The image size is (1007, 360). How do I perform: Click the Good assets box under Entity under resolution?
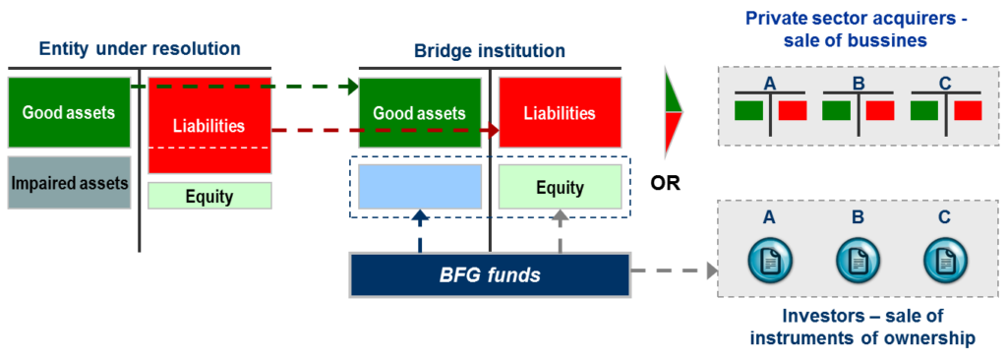[x=68, y=113]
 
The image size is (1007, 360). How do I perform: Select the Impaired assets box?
[x=68, y=182]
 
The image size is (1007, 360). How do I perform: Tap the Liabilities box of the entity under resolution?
[x=208, y=126]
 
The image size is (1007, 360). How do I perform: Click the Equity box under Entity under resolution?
[x=208, y=196]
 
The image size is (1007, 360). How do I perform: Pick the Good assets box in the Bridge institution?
[x=420, y=113]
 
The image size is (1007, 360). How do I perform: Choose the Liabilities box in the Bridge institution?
[x=559, y=113]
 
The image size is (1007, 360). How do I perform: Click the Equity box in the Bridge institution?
[x=559, y=187]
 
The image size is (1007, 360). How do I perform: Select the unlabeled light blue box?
[x=420, y=187]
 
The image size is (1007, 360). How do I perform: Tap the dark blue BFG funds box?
[x=489, y=274]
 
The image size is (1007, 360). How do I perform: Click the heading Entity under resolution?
[x=139, y=48]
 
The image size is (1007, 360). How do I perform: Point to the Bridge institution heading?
[x=489, y=50]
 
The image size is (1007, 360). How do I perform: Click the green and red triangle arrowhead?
[x=674, y=112]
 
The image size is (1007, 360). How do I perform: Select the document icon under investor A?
[x=769, y=260]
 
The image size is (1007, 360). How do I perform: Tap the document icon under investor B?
[x=857, y=260]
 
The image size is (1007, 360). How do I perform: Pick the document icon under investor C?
[x=944, y=260]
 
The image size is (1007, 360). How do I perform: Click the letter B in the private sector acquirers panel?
[x=858, y=84]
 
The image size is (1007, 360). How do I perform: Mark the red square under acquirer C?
[x=968, y=108]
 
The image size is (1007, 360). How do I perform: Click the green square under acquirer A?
[x=748, y=108]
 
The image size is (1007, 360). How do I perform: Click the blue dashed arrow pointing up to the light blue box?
[x=420, y=231]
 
